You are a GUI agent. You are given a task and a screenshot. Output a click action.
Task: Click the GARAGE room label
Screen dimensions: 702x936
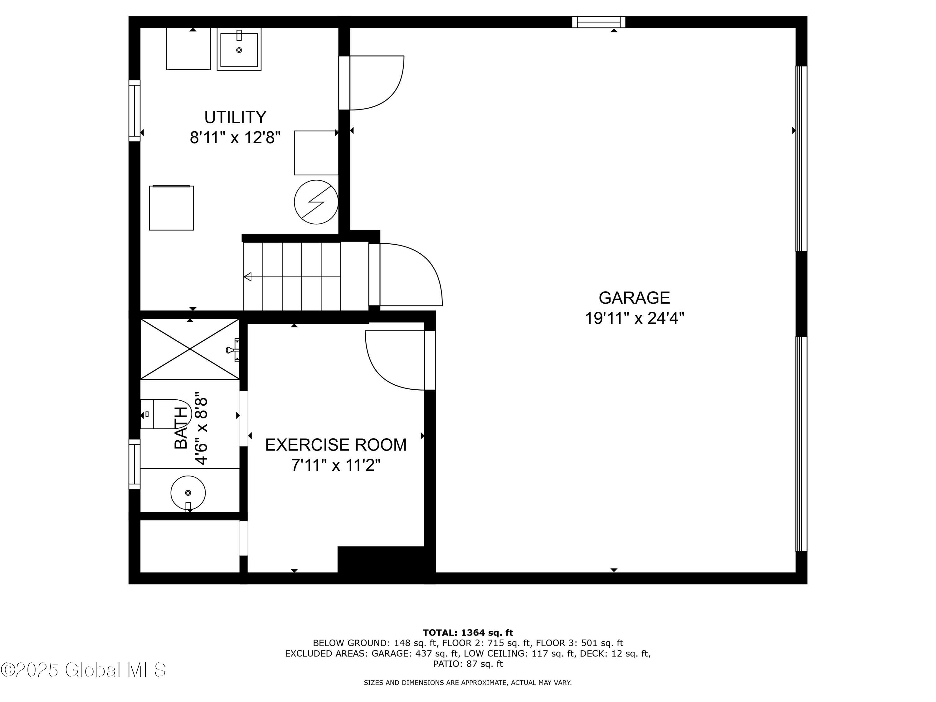tap(634, 298)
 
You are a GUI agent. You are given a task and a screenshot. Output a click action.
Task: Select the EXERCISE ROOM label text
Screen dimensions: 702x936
tap(335, 445)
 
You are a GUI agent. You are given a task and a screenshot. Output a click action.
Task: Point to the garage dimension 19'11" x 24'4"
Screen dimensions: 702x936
tap(634, 318)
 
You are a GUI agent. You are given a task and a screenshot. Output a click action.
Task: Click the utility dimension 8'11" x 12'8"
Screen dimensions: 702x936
tap(235, 138)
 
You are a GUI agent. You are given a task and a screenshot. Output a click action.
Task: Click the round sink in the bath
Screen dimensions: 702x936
tap(188, 493)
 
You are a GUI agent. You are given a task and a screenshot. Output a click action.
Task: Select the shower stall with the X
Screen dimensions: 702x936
tap(190, 349)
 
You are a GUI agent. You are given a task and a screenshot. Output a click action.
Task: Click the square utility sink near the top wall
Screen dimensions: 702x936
tap(239, 49)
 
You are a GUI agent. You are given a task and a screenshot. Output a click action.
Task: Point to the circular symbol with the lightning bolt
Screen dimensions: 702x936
tap(316, 202)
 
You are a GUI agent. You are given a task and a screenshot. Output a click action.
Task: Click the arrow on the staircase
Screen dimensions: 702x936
tap(248, 277)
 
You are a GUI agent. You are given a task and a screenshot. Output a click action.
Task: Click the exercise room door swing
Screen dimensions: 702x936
tap(393, 360)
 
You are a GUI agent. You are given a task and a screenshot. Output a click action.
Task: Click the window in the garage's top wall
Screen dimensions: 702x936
tap(598, 22)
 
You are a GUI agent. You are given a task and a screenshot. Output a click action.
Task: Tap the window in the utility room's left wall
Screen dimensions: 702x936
tap(134, 111)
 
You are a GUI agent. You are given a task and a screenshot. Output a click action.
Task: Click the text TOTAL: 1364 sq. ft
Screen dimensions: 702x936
tap(468, 633)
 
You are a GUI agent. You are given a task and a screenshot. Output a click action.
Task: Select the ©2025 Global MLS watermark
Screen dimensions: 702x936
tap(83, 670)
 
